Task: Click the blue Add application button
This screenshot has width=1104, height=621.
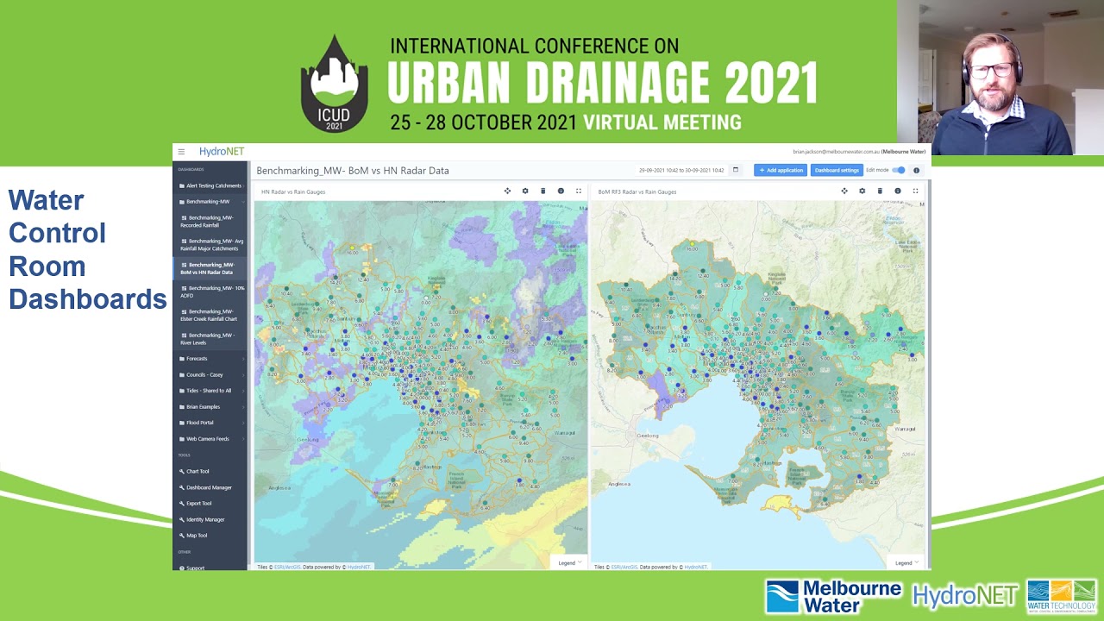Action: (x=780, y=170)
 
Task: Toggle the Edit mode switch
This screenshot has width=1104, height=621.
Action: (x=899, y=170)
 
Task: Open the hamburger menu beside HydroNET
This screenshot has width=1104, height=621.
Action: (x=181, y=152)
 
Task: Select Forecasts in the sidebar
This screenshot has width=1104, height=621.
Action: (x=197, y=359)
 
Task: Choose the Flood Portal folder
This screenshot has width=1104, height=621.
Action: (x=199, y=423)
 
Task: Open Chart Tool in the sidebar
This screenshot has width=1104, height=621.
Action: (x=198, y=471)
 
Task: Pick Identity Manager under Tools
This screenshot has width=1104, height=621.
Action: (x=205, y=519)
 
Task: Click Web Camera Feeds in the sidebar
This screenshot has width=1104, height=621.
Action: (x=207, y=439)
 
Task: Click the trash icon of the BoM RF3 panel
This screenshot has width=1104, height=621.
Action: (x=880, y=191)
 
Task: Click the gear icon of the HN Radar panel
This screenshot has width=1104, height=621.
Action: (x=525, y=191)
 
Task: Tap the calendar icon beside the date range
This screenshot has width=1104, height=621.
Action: (x=736, y=170)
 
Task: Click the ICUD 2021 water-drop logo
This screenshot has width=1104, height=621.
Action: (x=334, y=85)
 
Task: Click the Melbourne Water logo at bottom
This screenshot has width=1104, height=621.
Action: (x=832, y=596)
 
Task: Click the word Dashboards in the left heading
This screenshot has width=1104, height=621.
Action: (x=87, y=299)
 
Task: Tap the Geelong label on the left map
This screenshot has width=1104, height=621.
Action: (x=309, y=439)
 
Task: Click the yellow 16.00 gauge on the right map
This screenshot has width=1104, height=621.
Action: (x=692, y=244)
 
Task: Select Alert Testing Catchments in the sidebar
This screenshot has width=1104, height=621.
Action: (x=213, y=185)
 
